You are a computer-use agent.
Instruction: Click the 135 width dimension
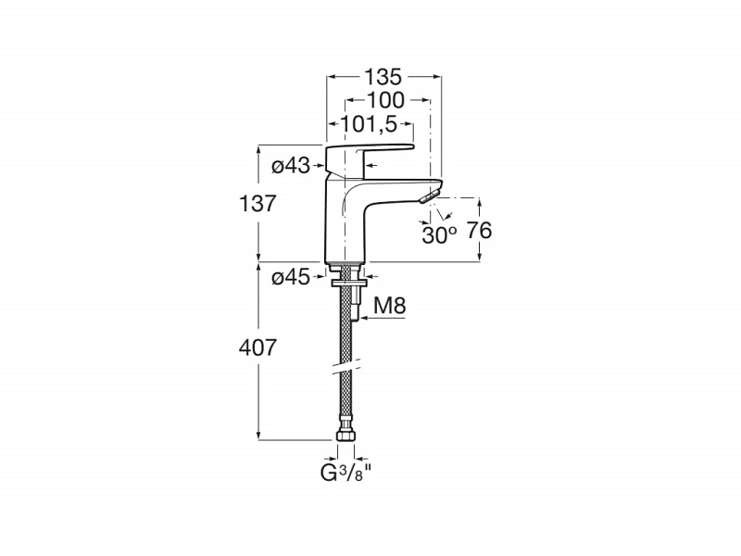[383, 77]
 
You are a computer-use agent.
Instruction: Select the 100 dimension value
[386, 100]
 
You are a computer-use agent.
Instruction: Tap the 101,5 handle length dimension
[368, 124]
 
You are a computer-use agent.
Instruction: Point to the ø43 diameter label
[291, 166]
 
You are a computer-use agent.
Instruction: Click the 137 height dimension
[257, 204]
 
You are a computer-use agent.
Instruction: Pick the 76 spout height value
[479, 231]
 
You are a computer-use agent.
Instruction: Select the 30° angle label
[439, 235]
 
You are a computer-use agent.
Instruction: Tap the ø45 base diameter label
[291, 277]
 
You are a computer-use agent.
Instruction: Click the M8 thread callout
[390, 306]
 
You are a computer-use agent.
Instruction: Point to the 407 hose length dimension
[257, 348]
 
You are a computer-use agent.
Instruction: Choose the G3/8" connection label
[343, 474]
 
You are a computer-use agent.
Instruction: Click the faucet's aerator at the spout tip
[430, 196]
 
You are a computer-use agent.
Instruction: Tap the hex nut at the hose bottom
[345, 436]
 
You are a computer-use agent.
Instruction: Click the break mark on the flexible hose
[345, 369]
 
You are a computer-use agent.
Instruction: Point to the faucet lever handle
[370, 156]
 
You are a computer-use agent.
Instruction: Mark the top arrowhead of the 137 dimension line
[258, 149]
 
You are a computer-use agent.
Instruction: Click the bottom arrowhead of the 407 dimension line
[258, 436]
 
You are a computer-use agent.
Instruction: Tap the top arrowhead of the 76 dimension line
[479, 202]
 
